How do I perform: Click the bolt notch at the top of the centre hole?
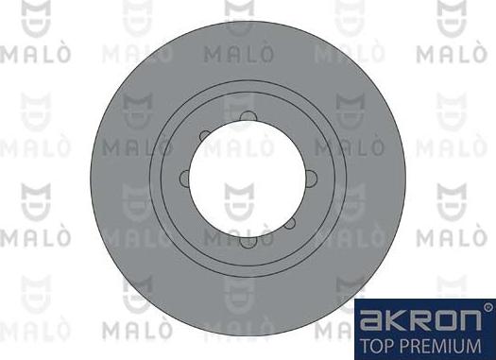(x=248, y=116)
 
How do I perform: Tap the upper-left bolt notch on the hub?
(x=205, y=136)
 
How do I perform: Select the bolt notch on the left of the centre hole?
(x=184, y=178)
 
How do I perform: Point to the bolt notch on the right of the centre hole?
(x=311, y=178)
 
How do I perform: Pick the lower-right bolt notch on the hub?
(x=289, y=223)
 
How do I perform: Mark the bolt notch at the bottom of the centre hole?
(x=248, y=241)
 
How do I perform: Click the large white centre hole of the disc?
(x=248, y=179)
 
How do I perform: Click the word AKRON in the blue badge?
(x=421, y=319)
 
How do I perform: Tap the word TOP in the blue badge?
(x=374, y=346)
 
